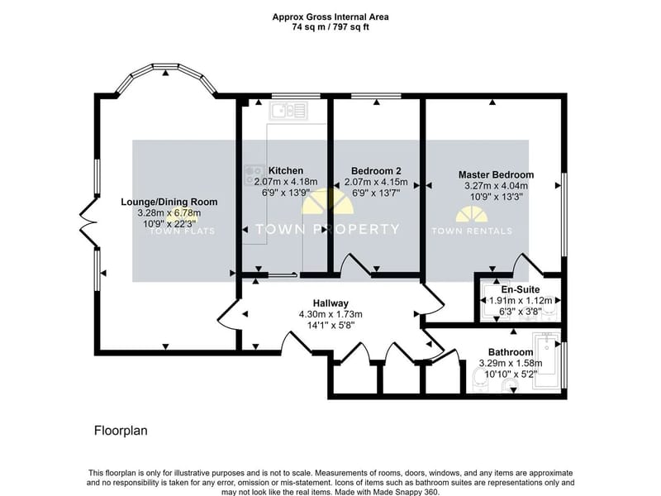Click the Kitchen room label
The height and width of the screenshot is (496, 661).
point(286,171)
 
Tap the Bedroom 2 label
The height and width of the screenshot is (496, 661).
point(376,171)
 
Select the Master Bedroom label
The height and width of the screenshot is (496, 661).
point(497,174)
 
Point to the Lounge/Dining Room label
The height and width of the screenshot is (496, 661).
point(169,202)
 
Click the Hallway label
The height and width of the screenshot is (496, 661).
point(330,303)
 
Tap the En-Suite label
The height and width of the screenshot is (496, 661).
point(521,290)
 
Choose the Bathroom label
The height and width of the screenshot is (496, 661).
point(511,352)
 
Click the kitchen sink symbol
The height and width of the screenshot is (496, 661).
point(289,111)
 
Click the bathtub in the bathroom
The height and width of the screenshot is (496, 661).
point(547,361)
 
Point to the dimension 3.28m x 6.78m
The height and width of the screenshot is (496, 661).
point(169,213)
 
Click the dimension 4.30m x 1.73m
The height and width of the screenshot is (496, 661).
point(330,314)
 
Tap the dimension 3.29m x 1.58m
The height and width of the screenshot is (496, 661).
point(511,363)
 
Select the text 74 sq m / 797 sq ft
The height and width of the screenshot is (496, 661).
point(330,27)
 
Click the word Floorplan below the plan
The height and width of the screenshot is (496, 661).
point(121,431)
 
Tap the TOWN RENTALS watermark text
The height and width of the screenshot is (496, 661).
point(472,231)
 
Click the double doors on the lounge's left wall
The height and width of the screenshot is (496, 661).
point(89,222)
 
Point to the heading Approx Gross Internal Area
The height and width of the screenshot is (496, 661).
point(330,17)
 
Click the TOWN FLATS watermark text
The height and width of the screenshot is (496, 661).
point(183,231)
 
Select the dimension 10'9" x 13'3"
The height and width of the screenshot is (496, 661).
point(497,197)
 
